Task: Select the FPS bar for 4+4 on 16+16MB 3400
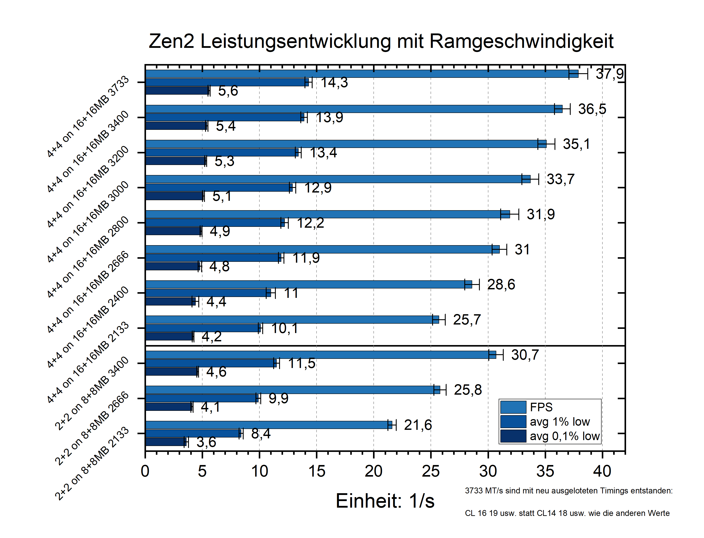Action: coord(353,109)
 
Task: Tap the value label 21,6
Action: coord(418,425)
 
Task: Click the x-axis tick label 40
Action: coord(602,471)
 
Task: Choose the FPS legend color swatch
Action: coord(513,407)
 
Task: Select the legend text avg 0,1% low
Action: coord(565,436)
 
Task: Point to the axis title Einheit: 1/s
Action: coord(385,501)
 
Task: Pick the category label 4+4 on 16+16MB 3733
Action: coord(88,117)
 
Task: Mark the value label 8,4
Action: coord(261,434)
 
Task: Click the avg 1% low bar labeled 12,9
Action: coord(218,188)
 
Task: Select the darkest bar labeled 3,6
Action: coord(165,442)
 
